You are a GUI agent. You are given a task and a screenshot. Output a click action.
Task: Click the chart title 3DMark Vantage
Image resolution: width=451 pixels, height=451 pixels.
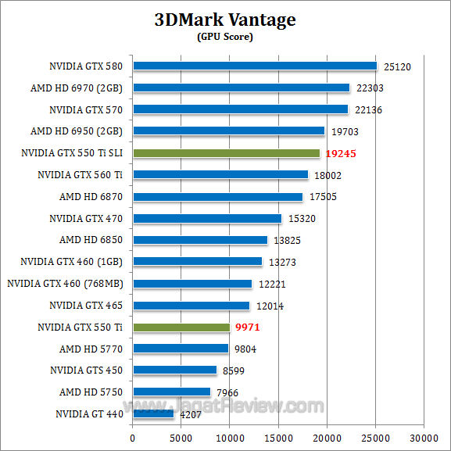tap(225, 20)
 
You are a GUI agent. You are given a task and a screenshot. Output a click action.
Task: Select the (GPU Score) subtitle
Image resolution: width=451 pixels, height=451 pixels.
tap(225, 37)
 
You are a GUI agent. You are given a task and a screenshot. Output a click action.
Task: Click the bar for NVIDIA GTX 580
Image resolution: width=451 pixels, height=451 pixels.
tap(255, 66)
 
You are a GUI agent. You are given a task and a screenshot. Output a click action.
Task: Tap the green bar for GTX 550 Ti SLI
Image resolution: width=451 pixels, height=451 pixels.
tap(227, 153)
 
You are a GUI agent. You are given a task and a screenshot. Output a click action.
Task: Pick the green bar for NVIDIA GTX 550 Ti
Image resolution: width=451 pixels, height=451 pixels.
tap(181, 327)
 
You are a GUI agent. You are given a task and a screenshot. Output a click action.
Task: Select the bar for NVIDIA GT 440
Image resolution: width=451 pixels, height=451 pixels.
tap(153, 413)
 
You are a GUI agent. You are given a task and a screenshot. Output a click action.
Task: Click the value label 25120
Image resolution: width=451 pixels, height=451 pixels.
tap(396, 67)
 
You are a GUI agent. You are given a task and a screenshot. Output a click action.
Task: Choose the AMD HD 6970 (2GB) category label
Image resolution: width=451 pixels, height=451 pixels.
tap(81, 88)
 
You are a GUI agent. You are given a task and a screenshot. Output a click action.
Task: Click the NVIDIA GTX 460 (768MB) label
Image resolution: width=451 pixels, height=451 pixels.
tap(66, 284)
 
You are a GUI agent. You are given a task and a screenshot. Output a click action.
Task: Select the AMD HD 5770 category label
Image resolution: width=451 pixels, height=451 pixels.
tap(91, 349)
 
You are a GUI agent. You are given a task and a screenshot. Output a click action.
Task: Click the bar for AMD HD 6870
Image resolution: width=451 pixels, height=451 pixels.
tap(217, 197)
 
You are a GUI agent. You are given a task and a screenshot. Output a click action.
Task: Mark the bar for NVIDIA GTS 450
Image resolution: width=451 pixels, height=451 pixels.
tap(174, 370)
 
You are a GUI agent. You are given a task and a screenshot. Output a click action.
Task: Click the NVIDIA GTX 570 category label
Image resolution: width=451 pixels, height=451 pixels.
tap(86, 110)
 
